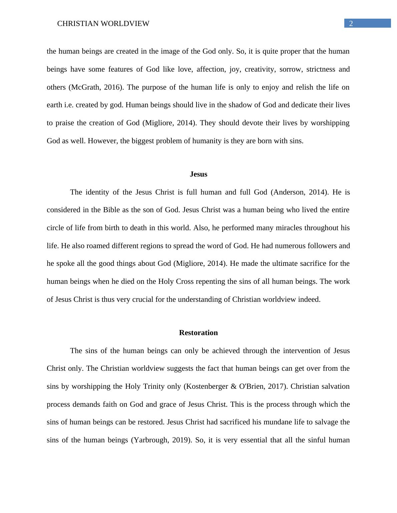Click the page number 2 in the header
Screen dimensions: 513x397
pyautogui.click(x=351, y=24)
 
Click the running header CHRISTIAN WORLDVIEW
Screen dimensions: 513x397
pyautogui.click(x=103, y=24)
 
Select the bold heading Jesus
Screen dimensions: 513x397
pyautogui.click(x=198, y=174)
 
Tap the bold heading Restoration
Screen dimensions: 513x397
pyautogui.click(x=198, y=333)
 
